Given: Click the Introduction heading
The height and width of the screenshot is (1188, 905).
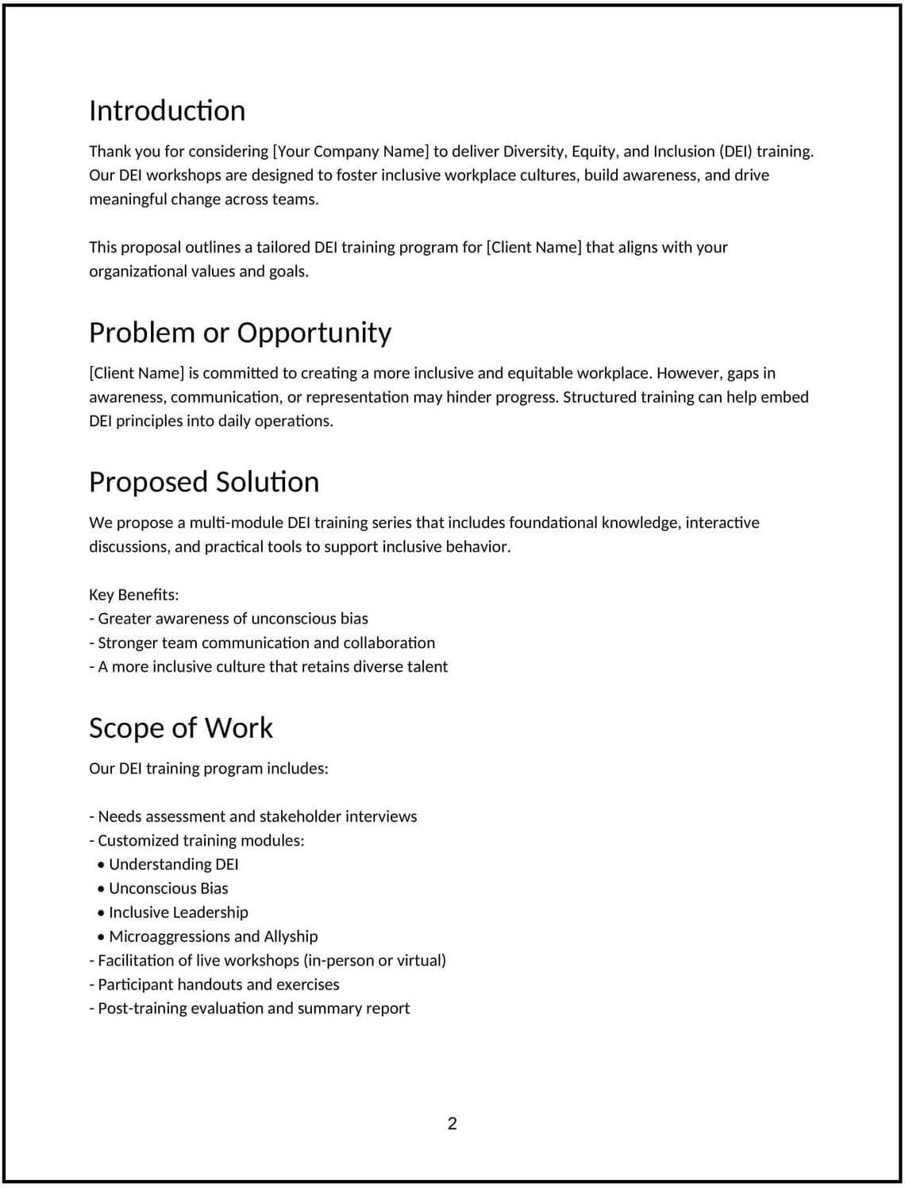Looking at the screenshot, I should tap(167, 110).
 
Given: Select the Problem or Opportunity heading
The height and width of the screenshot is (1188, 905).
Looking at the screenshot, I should tap(240, 332).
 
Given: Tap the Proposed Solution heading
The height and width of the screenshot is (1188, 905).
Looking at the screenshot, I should tap(204, 482).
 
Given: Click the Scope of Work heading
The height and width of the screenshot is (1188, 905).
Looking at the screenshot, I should tap(181, 727).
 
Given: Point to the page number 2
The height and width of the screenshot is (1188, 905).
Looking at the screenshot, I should tap(452, 1123).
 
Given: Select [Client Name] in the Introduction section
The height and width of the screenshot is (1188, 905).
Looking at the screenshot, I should tap(533, 247).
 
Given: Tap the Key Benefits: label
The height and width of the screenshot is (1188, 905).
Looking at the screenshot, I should tap(134, 595).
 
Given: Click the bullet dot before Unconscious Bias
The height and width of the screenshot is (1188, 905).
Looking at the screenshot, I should tap(102, 889).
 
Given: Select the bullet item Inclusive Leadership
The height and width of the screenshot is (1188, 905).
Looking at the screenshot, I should tap(178, 912).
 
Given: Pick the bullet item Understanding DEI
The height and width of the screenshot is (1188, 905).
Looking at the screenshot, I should tap(173, 864).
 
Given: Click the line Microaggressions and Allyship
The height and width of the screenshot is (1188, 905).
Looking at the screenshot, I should tap(213, 936).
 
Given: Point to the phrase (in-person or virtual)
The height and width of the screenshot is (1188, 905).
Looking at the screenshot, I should tap(375, 960).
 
